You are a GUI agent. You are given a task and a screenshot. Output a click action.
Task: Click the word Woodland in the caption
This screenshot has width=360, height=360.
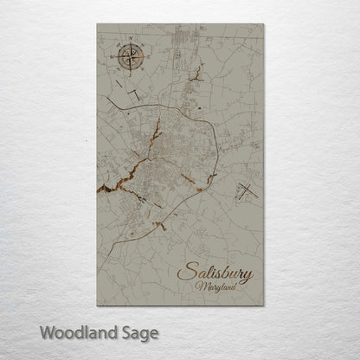tap(76, 331)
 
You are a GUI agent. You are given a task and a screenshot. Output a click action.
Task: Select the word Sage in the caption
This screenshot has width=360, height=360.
tap(138, 331)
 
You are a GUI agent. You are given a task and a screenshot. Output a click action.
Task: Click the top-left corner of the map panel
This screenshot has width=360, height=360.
tap(97, 24)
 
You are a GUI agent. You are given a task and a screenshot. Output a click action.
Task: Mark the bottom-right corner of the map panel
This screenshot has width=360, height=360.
tap(264, 305)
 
